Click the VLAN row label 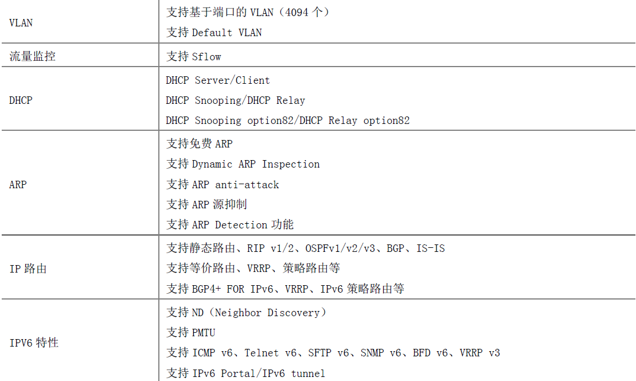[x=21, y=23]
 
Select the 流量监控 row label [x=33, y=56]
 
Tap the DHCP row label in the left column [x=21, y=100]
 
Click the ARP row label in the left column [x=18, y=185]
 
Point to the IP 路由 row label [x=28, y=269]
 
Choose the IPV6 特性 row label [x=34, y=343]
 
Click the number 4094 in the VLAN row [x=296, y=13]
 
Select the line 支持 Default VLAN [x=214, y=33]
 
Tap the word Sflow [x=206, y=57]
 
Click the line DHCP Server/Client [x=218, y=80]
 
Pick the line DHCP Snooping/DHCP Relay [x=235, y=100]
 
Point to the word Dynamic [x=212, y=164]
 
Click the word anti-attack [x=247, y=185]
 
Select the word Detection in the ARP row [x=241, y=225]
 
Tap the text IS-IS [x=430, y=248]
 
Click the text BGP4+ [x=206, y=289]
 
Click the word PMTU [x=204, y=333]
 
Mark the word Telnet [x=262, y=353]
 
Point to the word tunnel [x=308, y=374]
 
